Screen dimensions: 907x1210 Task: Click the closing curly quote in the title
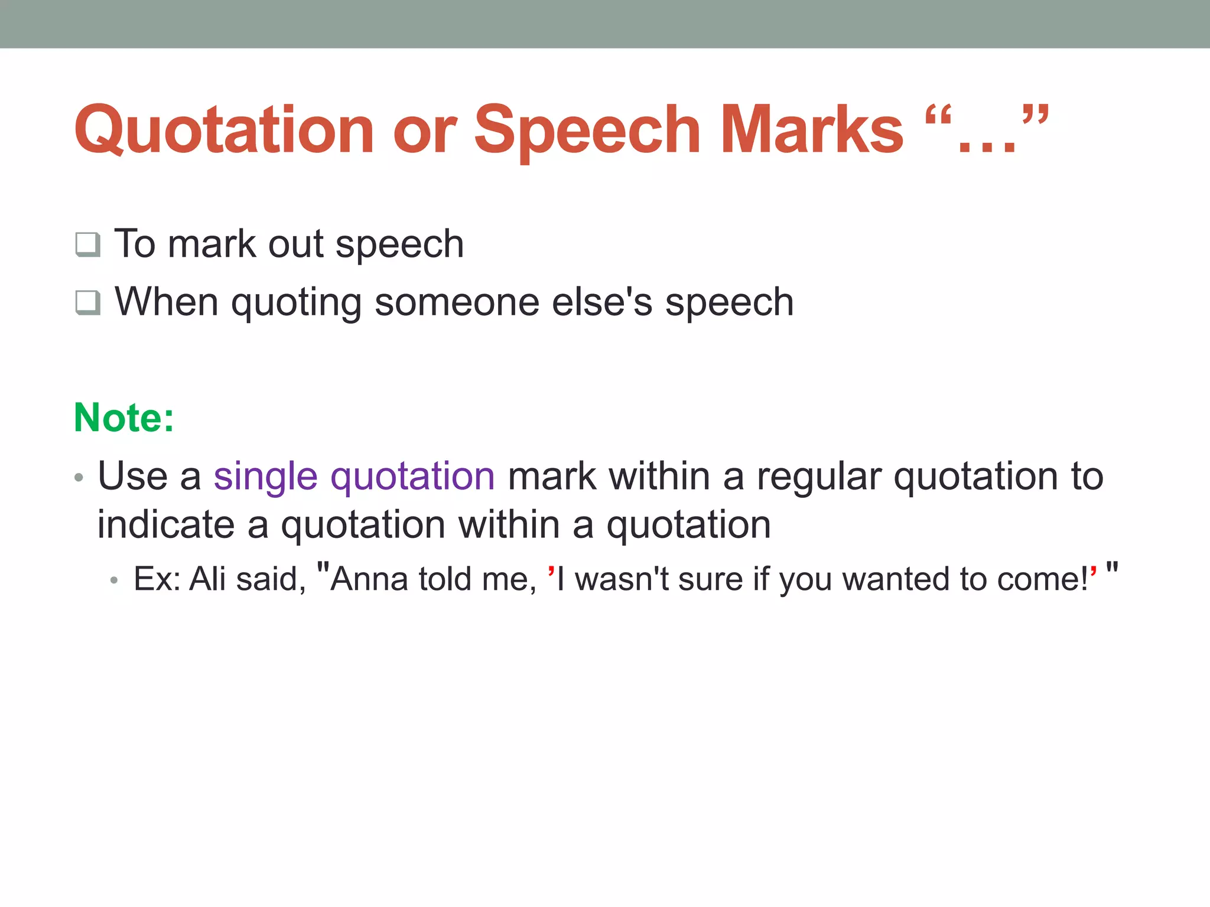click(1035, 115)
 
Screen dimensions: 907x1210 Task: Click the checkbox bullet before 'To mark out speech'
click(87, 244)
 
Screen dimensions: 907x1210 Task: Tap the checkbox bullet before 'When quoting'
click(87, 302)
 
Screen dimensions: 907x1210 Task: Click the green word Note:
click(123, 417)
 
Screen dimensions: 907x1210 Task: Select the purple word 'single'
click(265, 476)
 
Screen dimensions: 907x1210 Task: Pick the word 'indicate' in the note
click(165, 524)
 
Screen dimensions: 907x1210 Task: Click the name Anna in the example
click(369, 579)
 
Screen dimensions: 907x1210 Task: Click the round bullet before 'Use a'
click(79, 477)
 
